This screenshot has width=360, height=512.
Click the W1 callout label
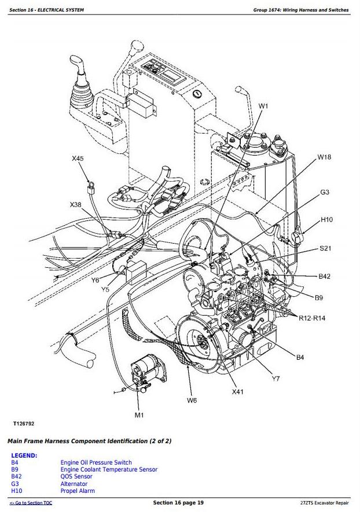[263, 106]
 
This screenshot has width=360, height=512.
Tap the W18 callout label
[324, 157]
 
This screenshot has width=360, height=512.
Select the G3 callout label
[325, 192]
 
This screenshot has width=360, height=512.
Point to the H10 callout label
[327, 220]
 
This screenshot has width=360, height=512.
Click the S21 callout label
[326, 249]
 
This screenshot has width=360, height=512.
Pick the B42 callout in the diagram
[324, 277]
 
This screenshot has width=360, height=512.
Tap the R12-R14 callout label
[313, 318]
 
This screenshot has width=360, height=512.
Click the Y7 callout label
[275, 379]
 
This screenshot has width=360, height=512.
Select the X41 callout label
[238, 392]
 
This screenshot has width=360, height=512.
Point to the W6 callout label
[192, 399]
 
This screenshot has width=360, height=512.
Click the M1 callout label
[139, 415]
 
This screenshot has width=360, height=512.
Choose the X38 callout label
[76, 204]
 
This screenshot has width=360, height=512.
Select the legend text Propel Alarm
[78, 491]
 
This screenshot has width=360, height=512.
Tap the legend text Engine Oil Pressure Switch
[96, 463]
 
